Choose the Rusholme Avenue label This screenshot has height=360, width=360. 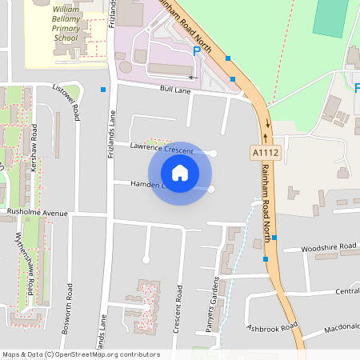37,213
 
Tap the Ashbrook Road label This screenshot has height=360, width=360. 272,327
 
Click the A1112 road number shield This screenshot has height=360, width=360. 266,152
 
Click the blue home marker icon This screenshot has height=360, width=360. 180,172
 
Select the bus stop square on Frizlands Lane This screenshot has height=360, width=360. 103,90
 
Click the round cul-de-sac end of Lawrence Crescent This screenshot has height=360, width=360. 213,153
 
